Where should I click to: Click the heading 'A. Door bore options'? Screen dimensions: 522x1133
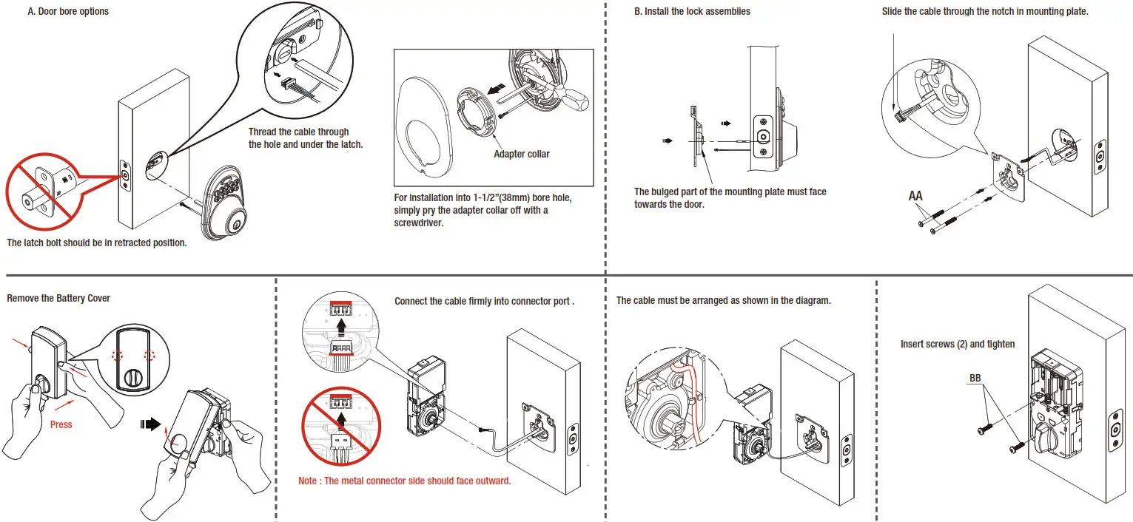(68, 12)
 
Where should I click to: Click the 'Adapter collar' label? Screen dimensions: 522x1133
(521, 154)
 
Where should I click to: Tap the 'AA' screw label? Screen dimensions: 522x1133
(915, 197)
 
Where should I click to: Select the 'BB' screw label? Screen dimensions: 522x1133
(975, 378)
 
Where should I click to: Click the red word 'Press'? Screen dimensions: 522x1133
(61, 425)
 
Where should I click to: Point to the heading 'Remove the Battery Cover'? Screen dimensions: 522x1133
(58, 298)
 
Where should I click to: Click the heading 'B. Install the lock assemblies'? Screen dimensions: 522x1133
(692, 12)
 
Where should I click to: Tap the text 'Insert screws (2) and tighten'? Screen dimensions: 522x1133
(958, 344)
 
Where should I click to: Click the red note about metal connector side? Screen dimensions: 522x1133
(404, 481)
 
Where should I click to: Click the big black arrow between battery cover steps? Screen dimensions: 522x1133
(150, 424)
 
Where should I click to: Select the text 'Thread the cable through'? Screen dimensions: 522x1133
(298, 132)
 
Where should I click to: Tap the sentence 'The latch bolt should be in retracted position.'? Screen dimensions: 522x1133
(96, 243)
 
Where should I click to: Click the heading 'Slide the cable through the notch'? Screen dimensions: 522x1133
(985, 12)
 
